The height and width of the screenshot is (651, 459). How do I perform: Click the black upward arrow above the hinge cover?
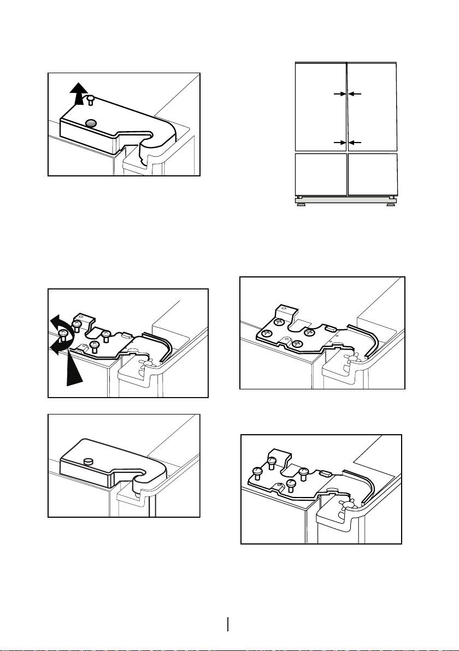[x=80, y=91]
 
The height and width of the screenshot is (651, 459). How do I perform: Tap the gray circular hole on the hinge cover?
[x=91, y=124]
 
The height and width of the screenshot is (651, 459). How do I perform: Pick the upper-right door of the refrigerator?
[x=372, y=106]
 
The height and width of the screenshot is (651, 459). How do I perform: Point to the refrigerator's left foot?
[x=299, y=197]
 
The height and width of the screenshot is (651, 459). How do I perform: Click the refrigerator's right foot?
[x=392, y=197]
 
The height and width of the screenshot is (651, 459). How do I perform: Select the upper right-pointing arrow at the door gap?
[x=339, y=94]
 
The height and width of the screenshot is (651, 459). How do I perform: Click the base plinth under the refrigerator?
[x=345, y=202]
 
